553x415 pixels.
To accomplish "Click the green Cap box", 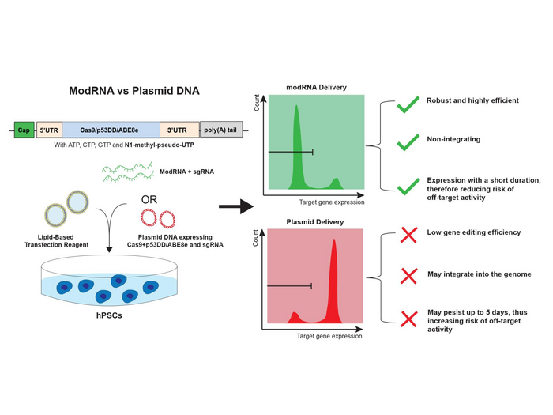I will point(24,130).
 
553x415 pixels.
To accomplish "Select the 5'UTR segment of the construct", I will point(49,130).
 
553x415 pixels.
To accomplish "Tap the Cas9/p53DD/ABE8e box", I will point(111,130).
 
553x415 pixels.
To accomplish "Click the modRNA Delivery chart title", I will point(316,87).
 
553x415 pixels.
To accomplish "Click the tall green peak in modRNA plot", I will point(298,142).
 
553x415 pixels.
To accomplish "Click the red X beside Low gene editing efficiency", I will point(408,234).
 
